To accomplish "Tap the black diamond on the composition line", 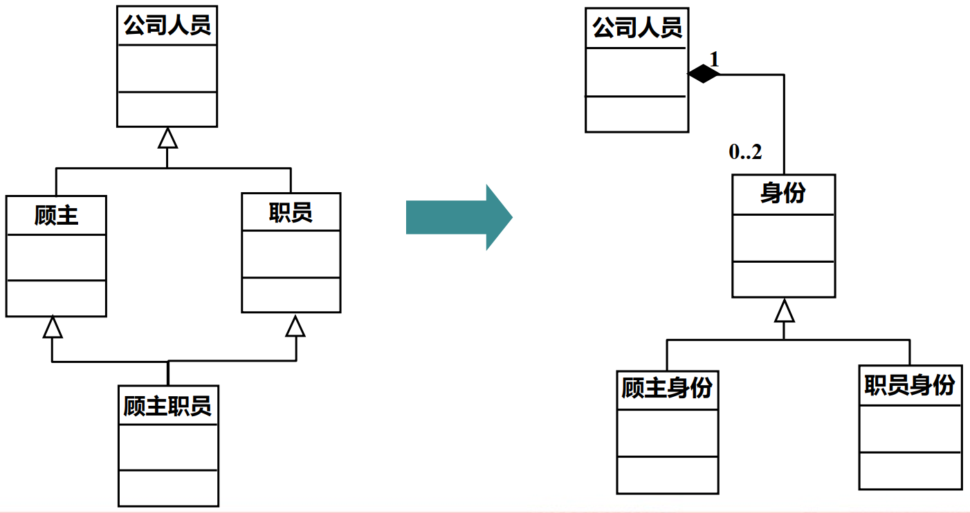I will (x=703, y=73).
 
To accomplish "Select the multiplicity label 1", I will (x=715, y=59).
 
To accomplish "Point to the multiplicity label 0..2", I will (x=745, y=152).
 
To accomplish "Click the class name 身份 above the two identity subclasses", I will (x=783, y=194).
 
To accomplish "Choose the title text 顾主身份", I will (x=667, y=389).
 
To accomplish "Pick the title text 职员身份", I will (x=910, y=384).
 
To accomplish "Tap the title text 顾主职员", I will (x=167, y=405).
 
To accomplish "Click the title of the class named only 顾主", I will (x=56, y=216).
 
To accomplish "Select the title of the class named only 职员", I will (x=291, y=212).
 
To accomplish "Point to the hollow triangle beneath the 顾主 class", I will (x=53, y=327).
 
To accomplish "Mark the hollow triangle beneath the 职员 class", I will (x=295, y=326).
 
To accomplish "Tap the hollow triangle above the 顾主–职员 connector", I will (x=167, y=138).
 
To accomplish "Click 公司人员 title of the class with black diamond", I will (x=637, y=28).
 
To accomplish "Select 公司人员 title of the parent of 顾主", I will (x=167, y=26).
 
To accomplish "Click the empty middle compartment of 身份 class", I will (x=783, y=238).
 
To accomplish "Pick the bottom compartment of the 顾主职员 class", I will (x=168, y=488).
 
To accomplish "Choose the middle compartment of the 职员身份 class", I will (x=910, y=429).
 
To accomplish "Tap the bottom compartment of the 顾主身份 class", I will (x=667, y=475).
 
